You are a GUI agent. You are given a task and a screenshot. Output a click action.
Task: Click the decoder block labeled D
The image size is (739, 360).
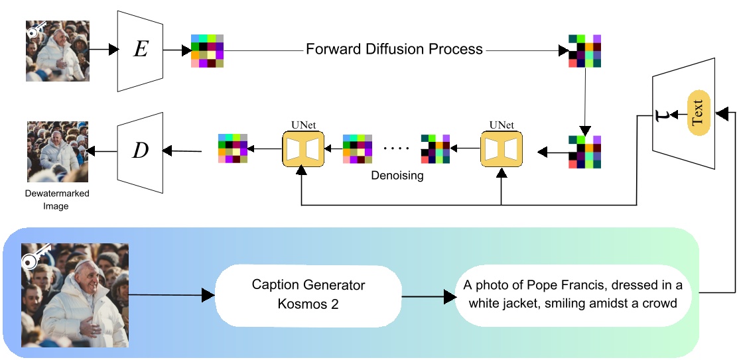pos(140,150)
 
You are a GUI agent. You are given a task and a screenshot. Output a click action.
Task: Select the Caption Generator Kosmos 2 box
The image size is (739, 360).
pos(308,294)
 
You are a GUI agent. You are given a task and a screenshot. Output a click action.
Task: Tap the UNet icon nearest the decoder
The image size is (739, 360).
pos(302,149)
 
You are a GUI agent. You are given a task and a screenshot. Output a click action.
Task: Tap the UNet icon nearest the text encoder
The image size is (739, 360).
pos(501,149)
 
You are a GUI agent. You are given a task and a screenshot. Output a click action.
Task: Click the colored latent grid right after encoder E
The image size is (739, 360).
pos(207,50)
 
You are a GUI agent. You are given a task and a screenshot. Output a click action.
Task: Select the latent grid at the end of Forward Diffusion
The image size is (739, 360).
pos(584,51)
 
